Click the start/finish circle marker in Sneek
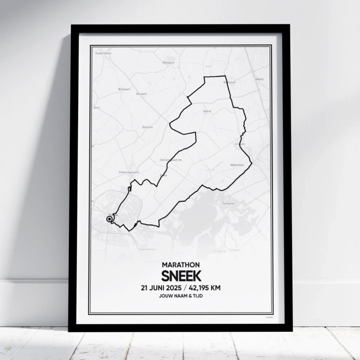(109, 219)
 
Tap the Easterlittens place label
(103, 53)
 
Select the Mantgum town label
(168, 62)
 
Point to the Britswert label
(124, 89)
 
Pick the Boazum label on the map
(148, 127)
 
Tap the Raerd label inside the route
(207, 111)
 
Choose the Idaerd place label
(259, 79)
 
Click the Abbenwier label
(237, 165)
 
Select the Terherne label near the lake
(228, 203)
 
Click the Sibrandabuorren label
(171, 159)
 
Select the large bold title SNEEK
(180, 276)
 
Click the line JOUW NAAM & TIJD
(180, 297)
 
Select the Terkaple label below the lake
(233, 250)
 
